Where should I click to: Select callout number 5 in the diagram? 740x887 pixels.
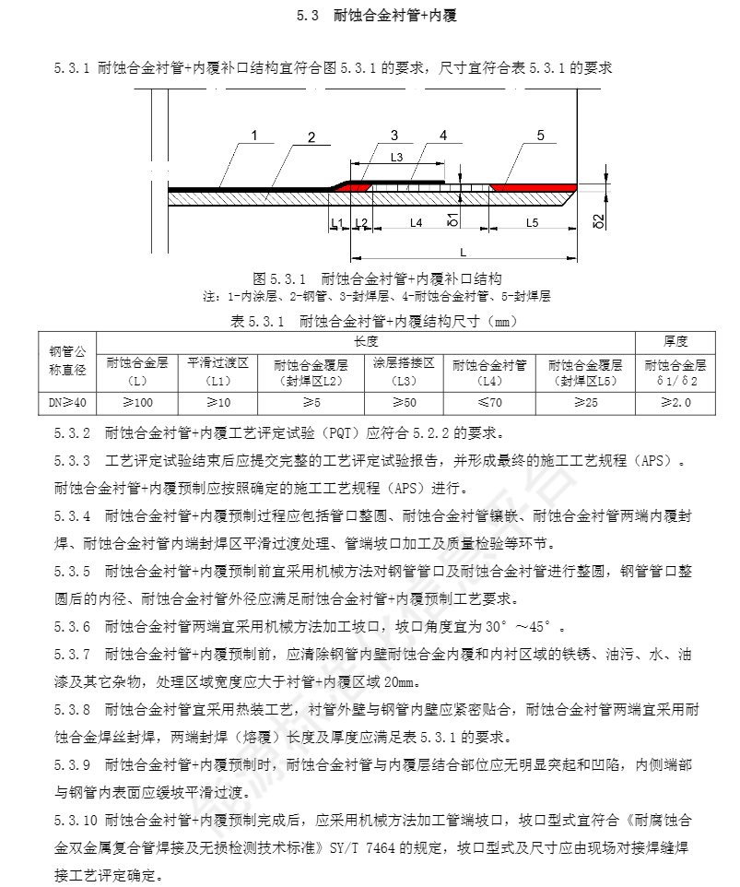540,136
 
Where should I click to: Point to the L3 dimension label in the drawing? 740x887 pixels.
397,158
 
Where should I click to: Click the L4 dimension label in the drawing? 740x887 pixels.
416,222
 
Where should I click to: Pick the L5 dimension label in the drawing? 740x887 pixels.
532,222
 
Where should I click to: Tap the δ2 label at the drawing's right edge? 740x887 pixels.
598,220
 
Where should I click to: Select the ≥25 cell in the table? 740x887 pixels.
584,402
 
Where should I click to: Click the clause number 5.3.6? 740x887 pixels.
73,627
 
